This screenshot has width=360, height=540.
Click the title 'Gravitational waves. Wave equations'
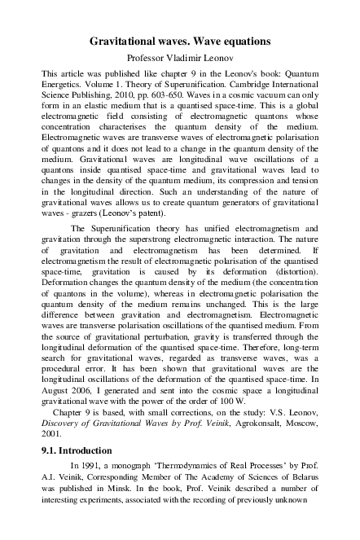(x=179, y=41)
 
